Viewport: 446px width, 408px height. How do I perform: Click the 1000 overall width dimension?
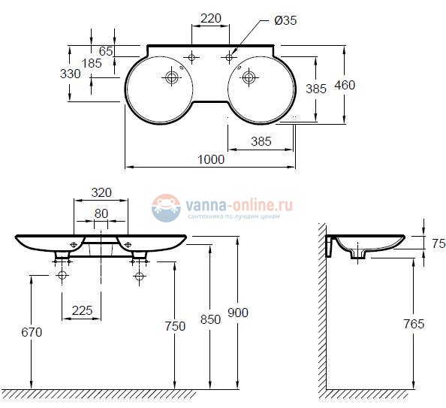coord(211,159)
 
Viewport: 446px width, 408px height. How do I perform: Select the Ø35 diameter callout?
coord(285,21)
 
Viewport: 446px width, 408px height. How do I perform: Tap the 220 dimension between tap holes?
coord(210,18)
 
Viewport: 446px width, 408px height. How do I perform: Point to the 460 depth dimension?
coord(345,85)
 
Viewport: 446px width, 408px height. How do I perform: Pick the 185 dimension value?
coord(92,63)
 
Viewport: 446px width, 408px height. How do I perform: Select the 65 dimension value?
coord(106,50)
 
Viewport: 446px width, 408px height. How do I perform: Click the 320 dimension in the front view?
coord(102,192)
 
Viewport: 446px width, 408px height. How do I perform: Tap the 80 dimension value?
coord(101,213)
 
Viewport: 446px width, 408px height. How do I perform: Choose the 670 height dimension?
coord(32,331)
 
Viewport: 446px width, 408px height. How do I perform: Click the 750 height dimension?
coord(175,325)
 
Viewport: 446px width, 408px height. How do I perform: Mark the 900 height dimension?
coord(237,313)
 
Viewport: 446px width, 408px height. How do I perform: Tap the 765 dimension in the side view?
coord(413,324)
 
